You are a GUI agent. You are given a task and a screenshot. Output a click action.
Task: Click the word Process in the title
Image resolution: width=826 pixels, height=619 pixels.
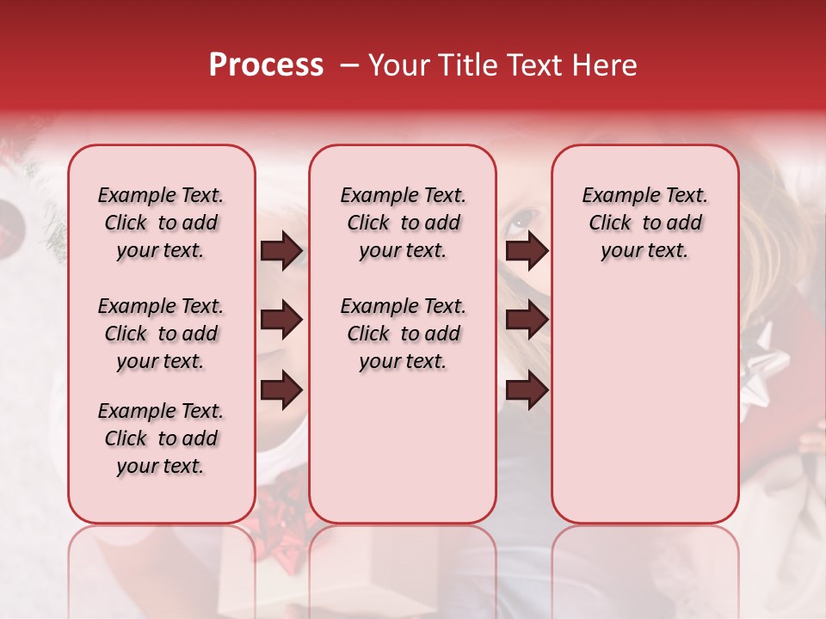pos(266,65)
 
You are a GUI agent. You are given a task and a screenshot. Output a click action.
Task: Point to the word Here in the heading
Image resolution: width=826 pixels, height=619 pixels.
pos(604,65)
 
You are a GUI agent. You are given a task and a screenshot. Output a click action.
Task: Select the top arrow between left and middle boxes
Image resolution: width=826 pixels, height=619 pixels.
pos(281,250)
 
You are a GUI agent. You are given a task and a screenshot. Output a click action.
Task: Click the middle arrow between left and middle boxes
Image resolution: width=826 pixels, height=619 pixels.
pos(281,321)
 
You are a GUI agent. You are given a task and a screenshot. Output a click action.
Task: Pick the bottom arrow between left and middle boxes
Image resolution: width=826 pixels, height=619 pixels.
pos(281,390)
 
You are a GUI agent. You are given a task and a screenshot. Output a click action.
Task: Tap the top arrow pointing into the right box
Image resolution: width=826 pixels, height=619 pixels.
pos(527,250)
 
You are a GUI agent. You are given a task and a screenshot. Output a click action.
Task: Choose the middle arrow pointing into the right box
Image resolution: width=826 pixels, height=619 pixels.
pos(527,321)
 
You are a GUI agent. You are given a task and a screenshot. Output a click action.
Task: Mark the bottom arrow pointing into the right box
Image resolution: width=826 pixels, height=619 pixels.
pos(527,390)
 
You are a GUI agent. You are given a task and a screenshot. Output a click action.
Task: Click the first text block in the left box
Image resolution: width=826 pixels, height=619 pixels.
pos(161,223)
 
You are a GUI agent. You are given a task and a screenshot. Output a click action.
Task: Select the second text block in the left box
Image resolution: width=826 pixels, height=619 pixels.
pos(161,334)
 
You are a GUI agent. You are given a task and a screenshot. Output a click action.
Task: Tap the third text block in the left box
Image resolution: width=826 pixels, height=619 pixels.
pos(161,438)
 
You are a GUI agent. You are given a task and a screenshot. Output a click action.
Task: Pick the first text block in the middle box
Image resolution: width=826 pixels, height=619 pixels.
pos(404,223)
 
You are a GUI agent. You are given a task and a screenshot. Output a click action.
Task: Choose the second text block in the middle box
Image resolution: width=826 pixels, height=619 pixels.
pos(404,334)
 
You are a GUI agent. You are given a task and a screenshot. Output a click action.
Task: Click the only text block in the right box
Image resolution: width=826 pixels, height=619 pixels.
pos(645,223)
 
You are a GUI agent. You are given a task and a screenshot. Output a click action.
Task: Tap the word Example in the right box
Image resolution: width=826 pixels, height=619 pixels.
pos(615,195)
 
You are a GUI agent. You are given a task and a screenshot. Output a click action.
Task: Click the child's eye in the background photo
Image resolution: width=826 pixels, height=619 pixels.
pos(519,221)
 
